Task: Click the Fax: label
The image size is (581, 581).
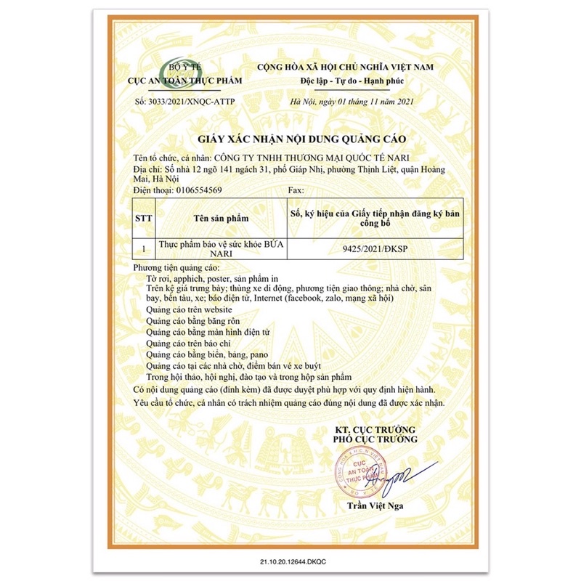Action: point(296,189)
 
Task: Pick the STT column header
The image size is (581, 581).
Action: point(144,217)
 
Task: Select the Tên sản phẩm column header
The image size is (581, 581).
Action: point(222,217)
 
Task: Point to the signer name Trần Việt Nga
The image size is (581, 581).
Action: point(375,506)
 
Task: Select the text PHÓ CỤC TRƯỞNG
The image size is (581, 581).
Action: point(375,439)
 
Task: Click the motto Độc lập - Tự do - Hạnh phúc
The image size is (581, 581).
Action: point(354,80)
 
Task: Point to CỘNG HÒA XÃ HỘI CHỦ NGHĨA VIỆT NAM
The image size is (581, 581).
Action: point(354,67)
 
